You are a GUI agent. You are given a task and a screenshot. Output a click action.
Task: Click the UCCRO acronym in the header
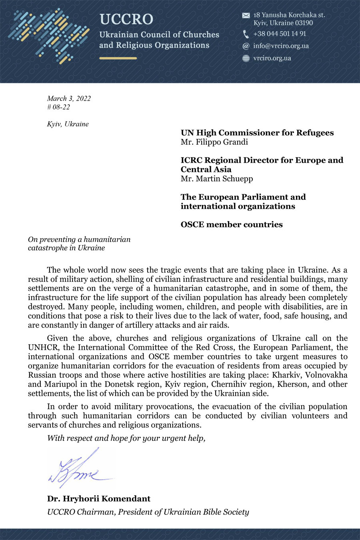coord(126,19)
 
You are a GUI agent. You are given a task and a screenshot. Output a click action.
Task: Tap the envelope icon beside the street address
coord(246,16)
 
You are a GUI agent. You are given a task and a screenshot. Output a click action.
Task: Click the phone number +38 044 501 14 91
coord(280,34)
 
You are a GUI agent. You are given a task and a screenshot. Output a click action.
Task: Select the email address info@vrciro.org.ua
coord(281,46)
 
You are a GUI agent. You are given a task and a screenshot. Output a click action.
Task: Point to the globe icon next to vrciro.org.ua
coord(246,58)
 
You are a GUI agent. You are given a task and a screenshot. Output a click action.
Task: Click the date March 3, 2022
coord(69,98)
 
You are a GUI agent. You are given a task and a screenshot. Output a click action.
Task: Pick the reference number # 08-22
coord(58,107)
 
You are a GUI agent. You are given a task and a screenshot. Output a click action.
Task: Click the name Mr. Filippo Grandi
coord(214,142)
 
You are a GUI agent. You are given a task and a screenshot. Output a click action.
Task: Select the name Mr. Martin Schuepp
coord(216,179)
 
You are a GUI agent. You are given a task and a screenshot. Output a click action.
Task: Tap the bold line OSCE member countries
coord(232,225)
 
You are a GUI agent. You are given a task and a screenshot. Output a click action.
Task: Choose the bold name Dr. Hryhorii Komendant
coord(99,499)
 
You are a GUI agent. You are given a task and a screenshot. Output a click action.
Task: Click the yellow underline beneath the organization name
coord(118,58)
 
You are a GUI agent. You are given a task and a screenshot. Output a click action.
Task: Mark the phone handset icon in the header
coord(246,34)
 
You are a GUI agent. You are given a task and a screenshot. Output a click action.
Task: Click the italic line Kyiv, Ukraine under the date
coord(68,124)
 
